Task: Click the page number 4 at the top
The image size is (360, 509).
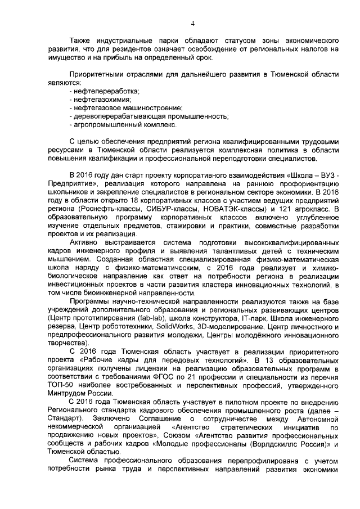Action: point(192,23)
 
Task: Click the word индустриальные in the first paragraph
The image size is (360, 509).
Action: point(114,42)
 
